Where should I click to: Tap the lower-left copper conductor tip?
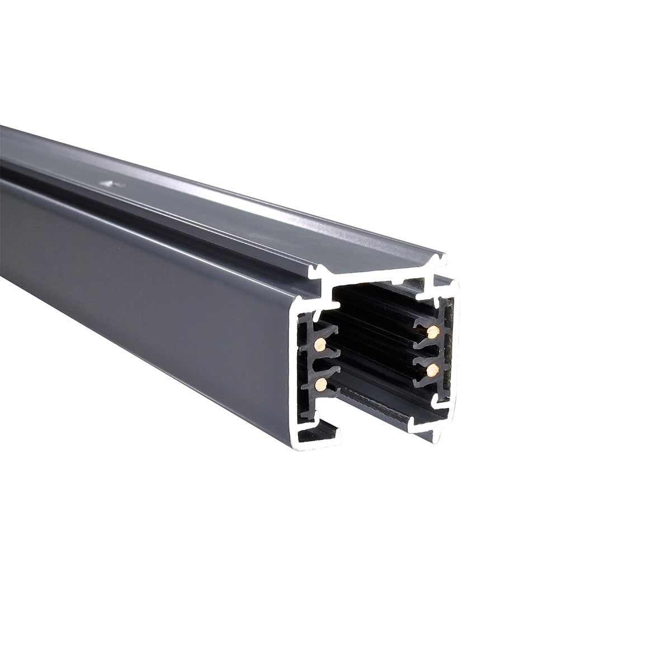coord(321,384)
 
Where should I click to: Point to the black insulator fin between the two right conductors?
coord(428,351)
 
